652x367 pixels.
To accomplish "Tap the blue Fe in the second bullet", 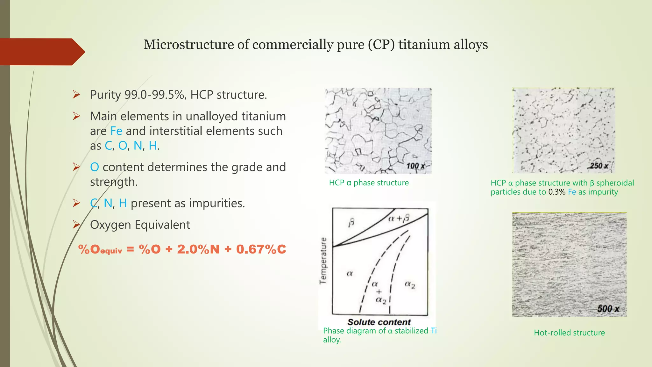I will pyautogui.click(x=116, y=131).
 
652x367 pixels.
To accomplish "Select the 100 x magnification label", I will pyautogui.click(x=415, y=166).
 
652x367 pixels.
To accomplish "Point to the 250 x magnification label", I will pyautogui.click(x=599, y=166).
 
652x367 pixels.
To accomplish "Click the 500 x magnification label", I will pyautogui.click(x=608, y=309).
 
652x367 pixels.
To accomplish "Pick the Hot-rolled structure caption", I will pyautogui.click(x=569, y=333).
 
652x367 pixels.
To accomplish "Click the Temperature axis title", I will pyautogui.click(x=323, y=261).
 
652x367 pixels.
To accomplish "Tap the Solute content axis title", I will pyautogui.click(x=379, y=322).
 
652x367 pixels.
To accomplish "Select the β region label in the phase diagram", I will pyautogui.click(x=351, y=222).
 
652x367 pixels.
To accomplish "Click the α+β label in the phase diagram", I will pyautogui.click(x=399, y=218).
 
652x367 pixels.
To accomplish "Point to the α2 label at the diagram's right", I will pyautogui.click(x=410, y=284).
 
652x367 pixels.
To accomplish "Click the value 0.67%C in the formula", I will pyautogui.click(x=261, y=249).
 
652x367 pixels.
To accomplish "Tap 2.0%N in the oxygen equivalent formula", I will pyautogui.click(x=198, y=249).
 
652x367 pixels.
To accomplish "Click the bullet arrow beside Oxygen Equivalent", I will pyautogui.click(x=76, y=225).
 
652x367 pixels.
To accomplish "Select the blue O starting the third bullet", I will pyautogui.click(x=94, y=167).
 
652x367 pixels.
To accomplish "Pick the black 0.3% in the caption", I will pyautogui.click(x=556, y=192).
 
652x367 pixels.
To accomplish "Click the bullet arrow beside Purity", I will pyautogui.click(x=76, y=95).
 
